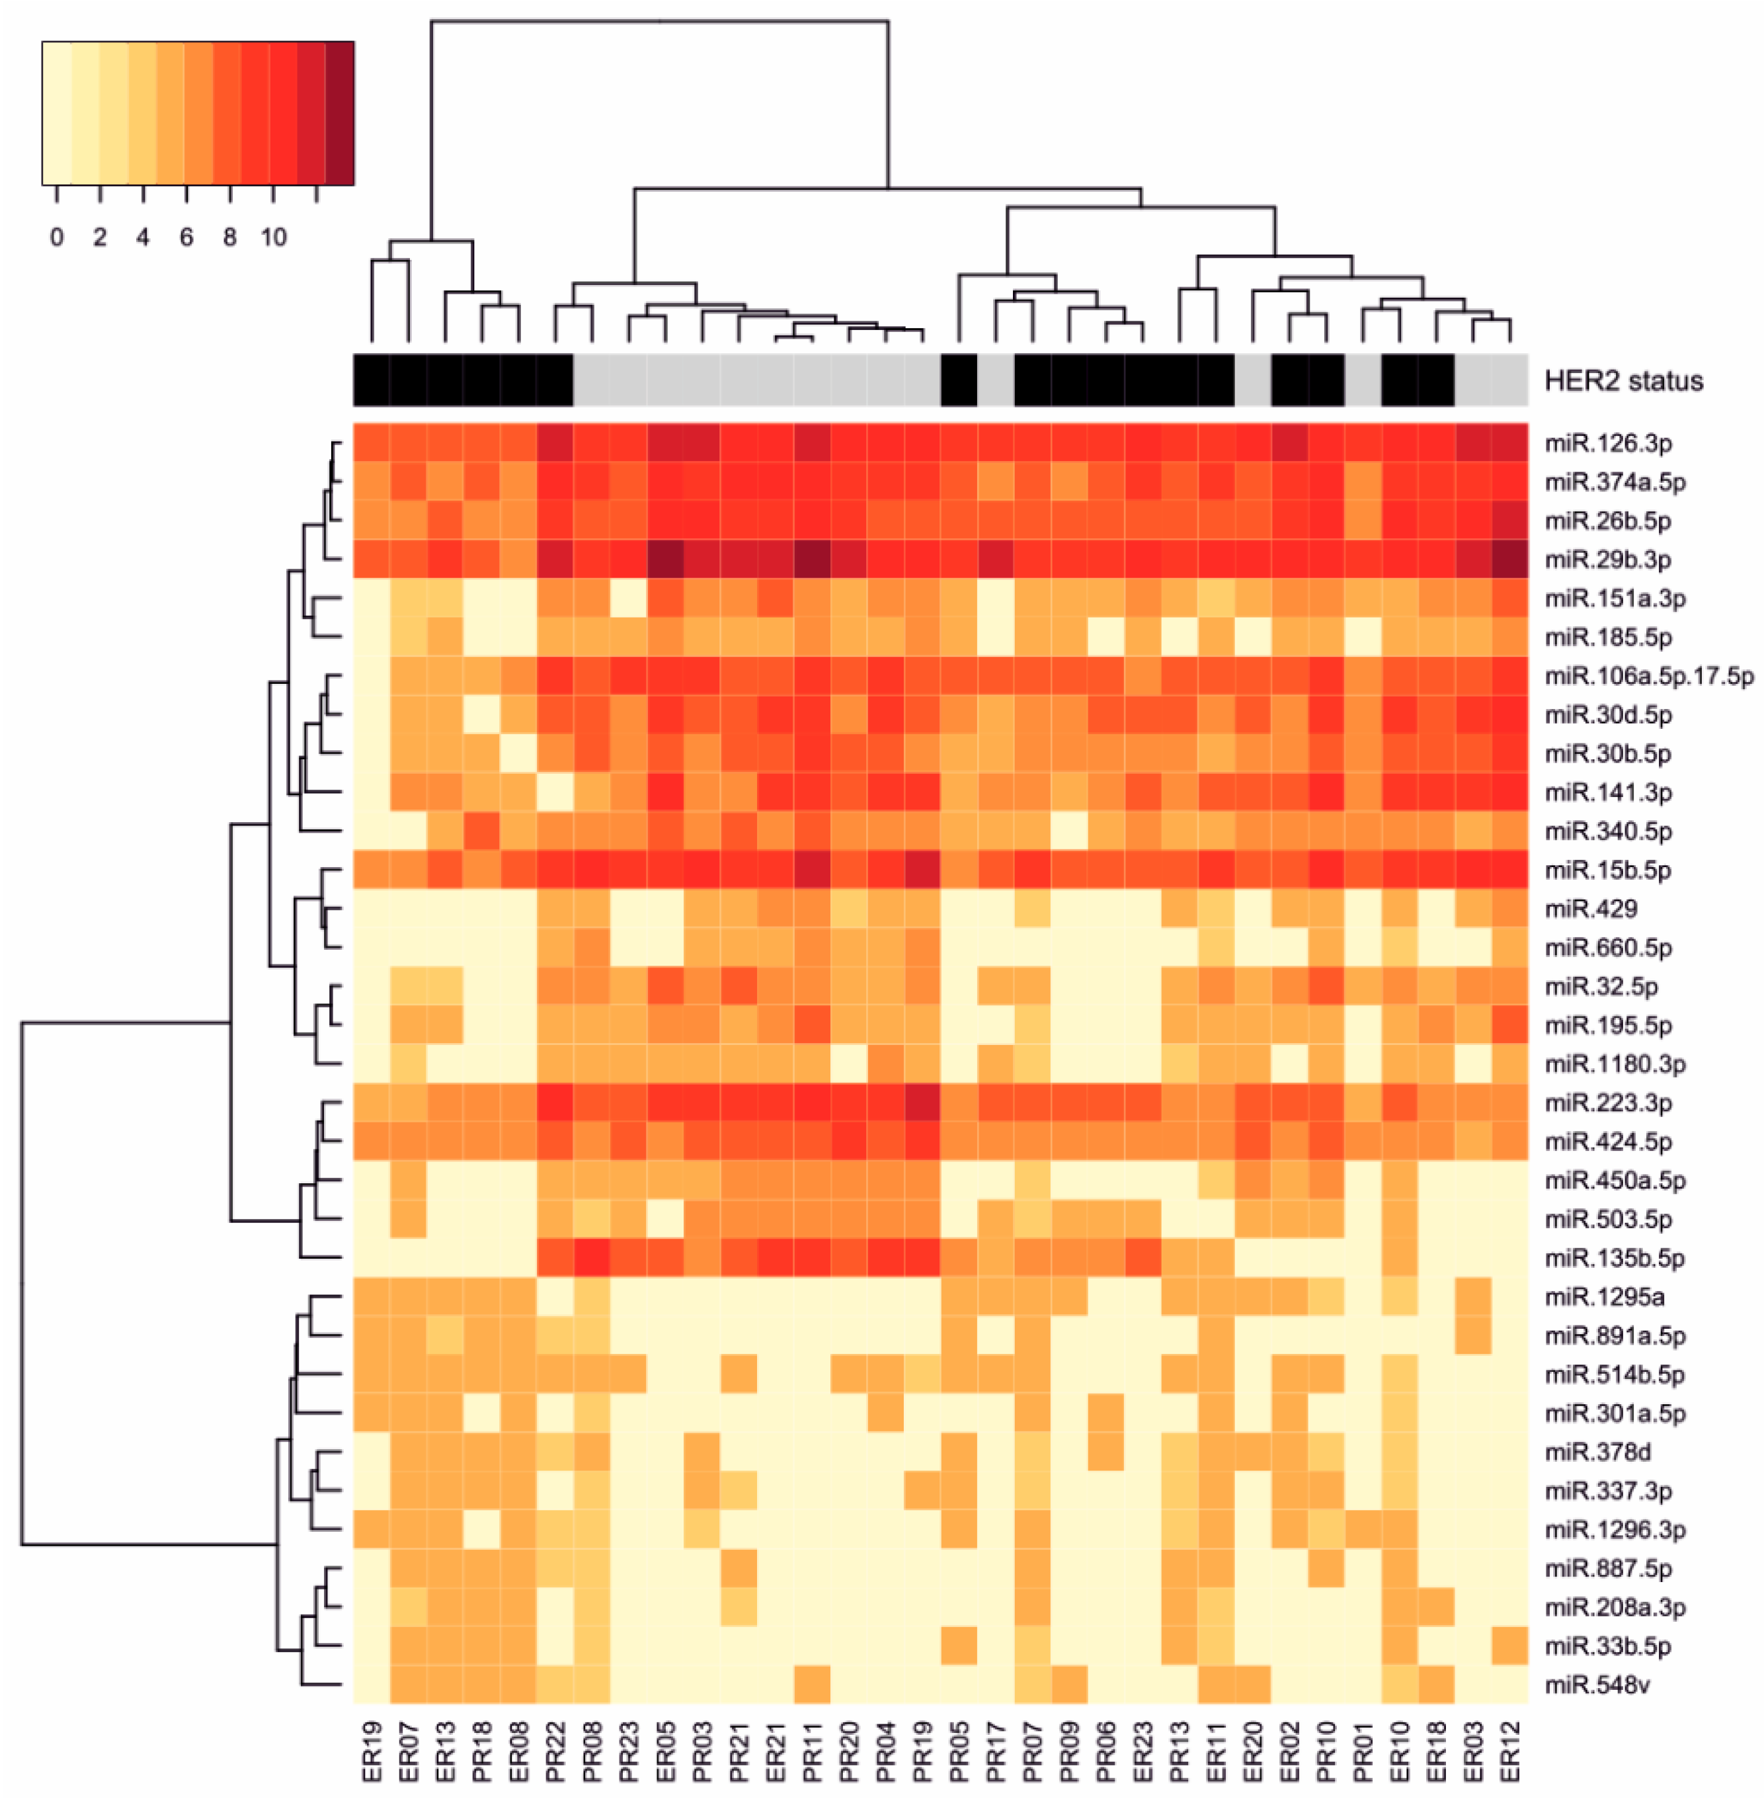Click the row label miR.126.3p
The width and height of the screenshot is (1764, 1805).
[x=1607, y=444]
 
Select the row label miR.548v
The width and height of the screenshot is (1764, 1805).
[x=1596, y=1685]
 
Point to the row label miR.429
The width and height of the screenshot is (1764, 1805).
[x=1590, y=909]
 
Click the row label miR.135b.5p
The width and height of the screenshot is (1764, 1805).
[x=1614, y=1258]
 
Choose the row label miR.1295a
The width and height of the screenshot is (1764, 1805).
[x=1604, y=1297]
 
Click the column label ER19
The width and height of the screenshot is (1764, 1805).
[x=372, y=1751]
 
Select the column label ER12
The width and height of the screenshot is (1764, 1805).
[x=1509, y=1751]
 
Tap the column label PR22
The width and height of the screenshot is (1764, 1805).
[x=555, y=1751]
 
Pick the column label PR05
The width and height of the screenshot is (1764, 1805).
[x=959, y=1751]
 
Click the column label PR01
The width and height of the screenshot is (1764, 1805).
[x=1363, y=1751]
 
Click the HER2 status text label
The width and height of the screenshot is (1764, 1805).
[x=1623, y=381]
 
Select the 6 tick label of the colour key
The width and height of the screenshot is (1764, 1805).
[x=186, y=238]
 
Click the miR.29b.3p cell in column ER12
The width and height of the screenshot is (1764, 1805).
[x=1509, y=560]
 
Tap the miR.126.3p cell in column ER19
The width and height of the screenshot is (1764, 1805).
[x=372, y=443]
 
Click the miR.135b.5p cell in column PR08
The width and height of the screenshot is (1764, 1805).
[x=592, y=1258]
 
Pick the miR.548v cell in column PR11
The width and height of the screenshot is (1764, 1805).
[x=813, y=1685]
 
